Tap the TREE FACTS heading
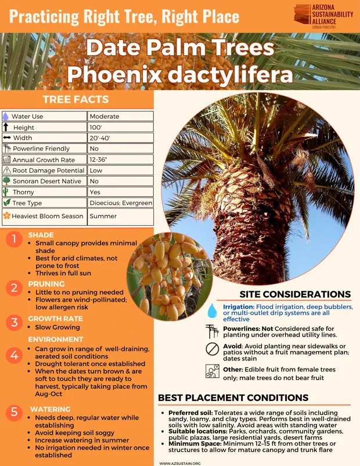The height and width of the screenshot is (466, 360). coord(75,99)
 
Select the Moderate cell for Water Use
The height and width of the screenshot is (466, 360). coord(120,116)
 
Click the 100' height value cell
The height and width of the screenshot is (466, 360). coord(120,127)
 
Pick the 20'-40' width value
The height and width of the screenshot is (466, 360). coord(120,138)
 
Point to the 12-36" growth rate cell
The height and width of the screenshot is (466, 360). coord(120,160)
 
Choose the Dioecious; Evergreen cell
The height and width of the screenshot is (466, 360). coord(120,203)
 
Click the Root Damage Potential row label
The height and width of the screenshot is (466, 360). coord(49,171)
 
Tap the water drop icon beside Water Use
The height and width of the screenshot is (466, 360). coord(6,116)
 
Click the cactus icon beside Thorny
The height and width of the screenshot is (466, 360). coord(6,192)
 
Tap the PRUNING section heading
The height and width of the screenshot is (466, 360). coord(46,284)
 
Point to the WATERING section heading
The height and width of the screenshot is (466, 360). coord(50,409)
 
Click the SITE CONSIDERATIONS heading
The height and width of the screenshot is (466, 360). coord(295,294)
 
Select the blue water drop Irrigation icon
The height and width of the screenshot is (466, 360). coord(213,309)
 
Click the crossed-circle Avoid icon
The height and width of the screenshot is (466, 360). coord(213,349)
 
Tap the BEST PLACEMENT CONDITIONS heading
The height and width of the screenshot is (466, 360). coord(233,398)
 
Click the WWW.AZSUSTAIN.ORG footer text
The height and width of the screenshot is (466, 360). coord(180,463)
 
